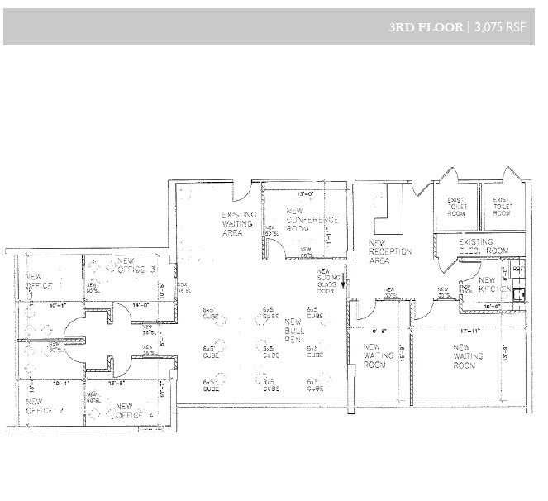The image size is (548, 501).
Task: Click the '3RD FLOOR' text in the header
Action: (x=426, y=26)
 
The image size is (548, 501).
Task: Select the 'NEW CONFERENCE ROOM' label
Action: (x=313, y=220)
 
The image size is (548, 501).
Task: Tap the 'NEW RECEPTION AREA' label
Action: (x=379, y=252)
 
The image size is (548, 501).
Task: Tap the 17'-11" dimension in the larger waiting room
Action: (x=469, y=330)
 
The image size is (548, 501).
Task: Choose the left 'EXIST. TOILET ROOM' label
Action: (x=456, y=206)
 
